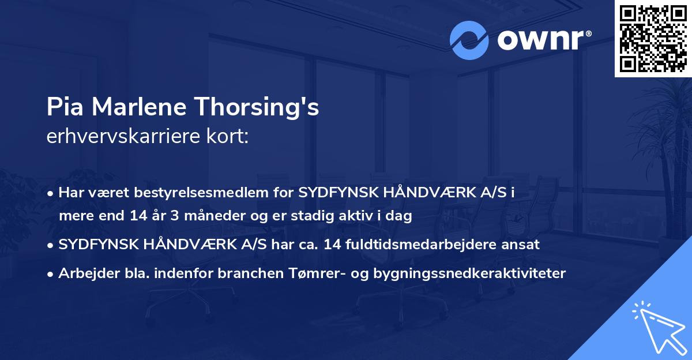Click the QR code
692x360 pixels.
click(x=653, y=39)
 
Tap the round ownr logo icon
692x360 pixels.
click(x=469, y=40)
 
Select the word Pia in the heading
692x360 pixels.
click(x=61, y=107)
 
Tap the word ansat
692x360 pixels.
click(x=522, y=245)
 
